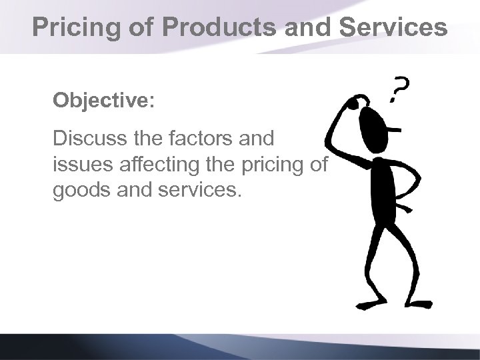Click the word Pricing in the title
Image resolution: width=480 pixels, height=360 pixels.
73,28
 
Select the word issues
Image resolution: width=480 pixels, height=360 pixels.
80,164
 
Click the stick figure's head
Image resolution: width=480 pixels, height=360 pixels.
371,124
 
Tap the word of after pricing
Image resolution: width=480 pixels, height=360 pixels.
318,164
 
